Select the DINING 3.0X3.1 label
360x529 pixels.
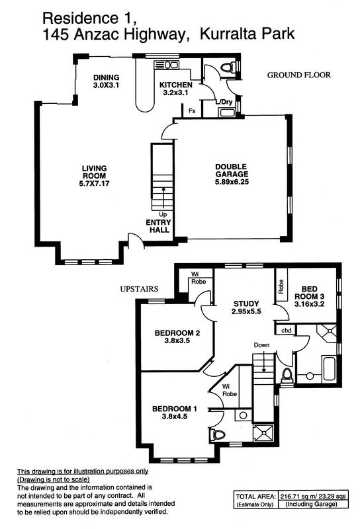click(105, 81)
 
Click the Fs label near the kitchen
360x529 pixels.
click(192, 110)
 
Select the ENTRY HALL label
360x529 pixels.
click(158, 227)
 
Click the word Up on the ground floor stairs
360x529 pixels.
click(162, 214)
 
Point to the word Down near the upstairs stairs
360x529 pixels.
click(261, 345)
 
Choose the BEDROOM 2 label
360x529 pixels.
click(174, 337)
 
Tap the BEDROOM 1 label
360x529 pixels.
click(173, 413)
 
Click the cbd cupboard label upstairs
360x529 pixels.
click(286, 329)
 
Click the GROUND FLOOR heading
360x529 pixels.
click(298, 75)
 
